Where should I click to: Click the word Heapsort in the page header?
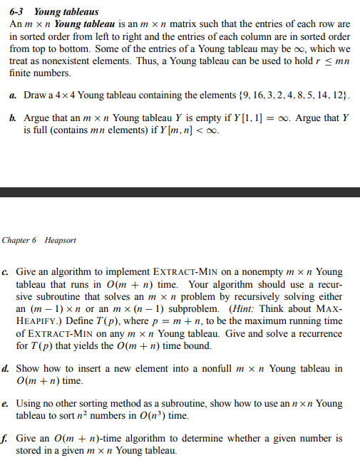[x=61, y=240]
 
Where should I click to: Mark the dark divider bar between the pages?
[x=180, y=192]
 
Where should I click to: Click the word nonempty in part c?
[x=257, y=271]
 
